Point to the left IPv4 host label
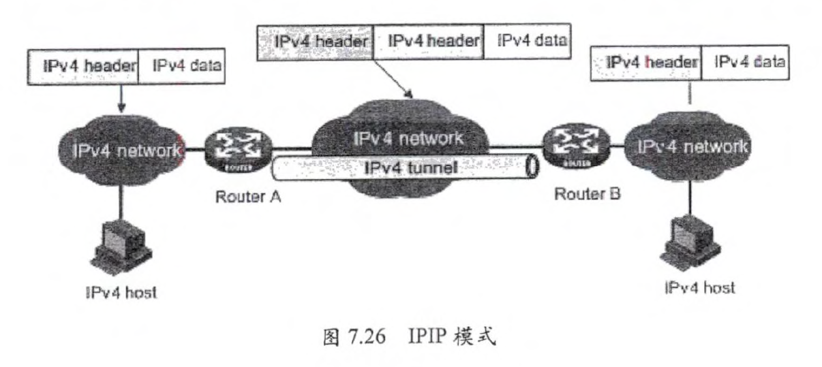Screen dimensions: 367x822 (x=125, y=294)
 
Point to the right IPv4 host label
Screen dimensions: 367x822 (x=699, y=289)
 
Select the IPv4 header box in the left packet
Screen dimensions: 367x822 (x=86, y=66)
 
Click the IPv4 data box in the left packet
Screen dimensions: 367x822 (x=181, y=66)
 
